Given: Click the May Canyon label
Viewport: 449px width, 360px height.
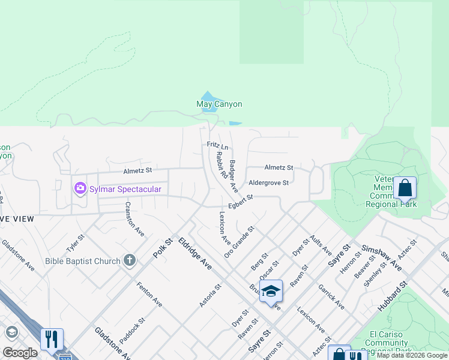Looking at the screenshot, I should point(219,104).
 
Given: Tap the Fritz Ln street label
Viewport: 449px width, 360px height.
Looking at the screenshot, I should point(217,146).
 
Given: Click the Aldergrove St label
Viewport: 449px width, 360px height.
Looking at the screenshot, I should point(269,182).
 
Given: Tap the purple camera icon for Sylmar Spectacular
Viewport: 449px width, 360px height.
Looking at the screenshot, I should point(80,189).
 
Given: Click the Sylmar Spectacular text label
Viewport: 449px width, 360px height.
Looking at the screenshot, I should point(125,190).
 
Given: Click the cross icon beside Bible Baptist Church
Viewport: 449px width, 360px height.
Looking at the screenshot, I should point(129,260).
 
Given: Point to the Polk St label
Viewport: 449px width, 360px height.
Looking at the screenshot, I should point(162,248).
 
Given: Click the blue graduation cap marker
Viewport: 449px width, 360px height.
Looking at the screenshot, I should point(271,291).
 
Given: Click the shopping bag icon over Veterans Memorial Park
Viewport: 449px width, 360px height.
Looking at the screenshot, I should point(405,188).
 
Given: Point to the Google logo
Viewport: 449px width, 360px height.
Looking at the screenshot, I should point(20,353).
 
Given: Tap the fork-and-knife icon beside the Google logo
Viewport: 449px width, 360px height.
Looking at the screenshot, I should point(52,340).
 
